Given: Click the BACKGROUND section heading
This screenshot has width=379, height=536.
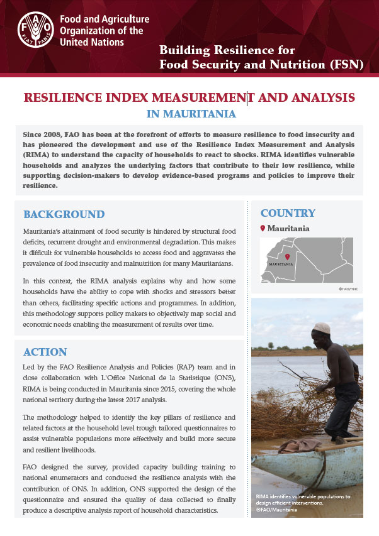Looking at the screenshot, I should click(64, 214).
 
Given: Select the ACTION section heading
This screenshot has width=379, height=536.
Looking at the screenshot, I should click(45, 351).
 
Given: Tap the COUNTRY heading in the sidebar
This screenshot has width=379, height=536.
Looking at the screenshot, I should click(288, 212).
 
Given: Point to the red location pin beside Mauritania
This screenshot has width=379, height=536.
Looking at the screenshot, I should click(263, 228).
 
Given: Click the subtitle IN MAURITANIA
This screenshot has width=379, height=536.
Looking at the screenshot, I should click(191, 114).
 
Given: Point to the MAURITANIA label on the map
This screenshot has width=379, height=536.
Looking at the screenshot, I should click(281, 265).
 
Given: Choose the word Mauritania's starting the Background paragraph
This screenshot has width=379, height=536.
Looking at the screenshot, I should click(47, 232).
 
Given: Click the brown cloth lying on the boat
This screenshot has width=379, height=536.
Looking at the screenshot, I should click(301, 447).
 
